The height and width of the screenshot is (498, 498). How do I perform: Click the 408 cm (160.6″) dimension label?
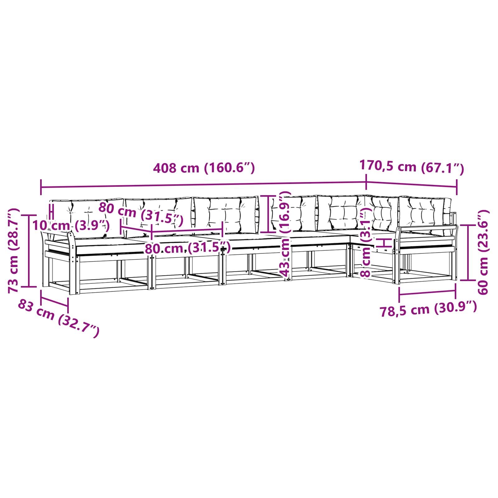[x=204, y=168]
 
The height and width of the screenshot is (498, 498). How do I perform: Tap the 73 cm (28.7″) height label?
[x=14, y=251]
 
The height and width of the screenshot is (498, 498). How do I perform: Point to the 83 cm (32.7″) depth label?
[x=59, y=318]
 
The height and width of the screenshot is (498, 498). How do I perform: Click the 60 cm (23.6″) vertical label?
[x=483, y=252]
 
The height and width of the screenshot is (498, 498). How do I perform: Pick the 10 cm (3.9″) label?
[x=71, y=225]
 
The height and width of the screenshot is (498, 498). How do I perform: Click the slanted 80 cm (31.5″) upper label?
[x=141, y=214]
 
